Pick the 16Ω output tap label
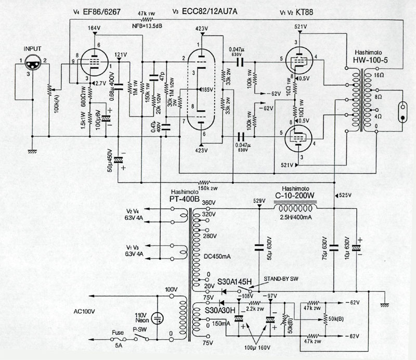377,75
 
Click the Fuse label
119,332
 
